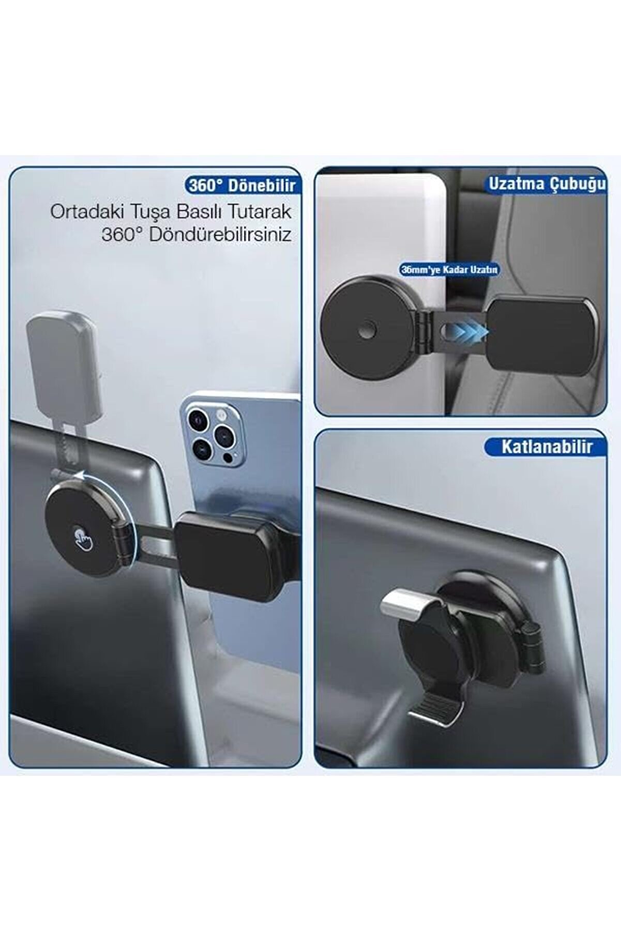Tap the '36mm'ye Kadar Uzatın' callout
pos(449,269)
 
